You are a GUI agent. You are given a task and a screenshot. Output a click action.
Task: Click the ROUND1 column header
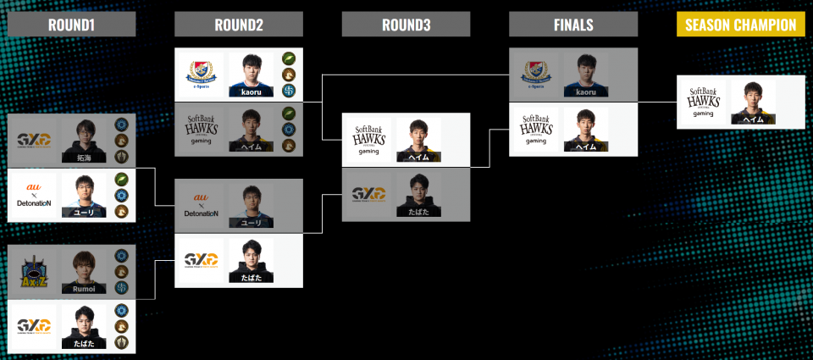coord(71,25)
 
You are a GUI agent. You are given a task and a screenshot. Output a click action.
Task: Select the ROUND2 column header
coord(239,25)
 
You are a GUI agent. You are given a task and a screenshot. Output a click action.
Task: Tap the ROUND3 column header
coord(406,25)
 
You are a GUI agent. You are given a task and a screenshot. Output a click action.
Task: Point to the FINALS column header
coord(573,25)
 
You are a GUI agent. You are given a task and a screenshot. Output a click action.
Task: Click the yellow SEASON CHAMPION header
coord(740,25)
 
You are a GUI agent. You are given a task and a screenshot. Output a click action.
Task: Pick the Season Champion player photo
coord(754,102)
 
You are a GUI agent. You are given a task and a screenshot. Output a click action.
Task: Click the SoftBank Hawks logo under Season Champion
coord(704,102)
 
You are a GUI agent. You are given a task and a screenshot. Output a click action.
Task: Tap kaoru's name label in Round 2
coord(251,91)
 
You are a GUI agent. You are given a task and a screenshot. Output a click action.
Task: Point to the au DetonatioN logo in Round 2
coord(201,206)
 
